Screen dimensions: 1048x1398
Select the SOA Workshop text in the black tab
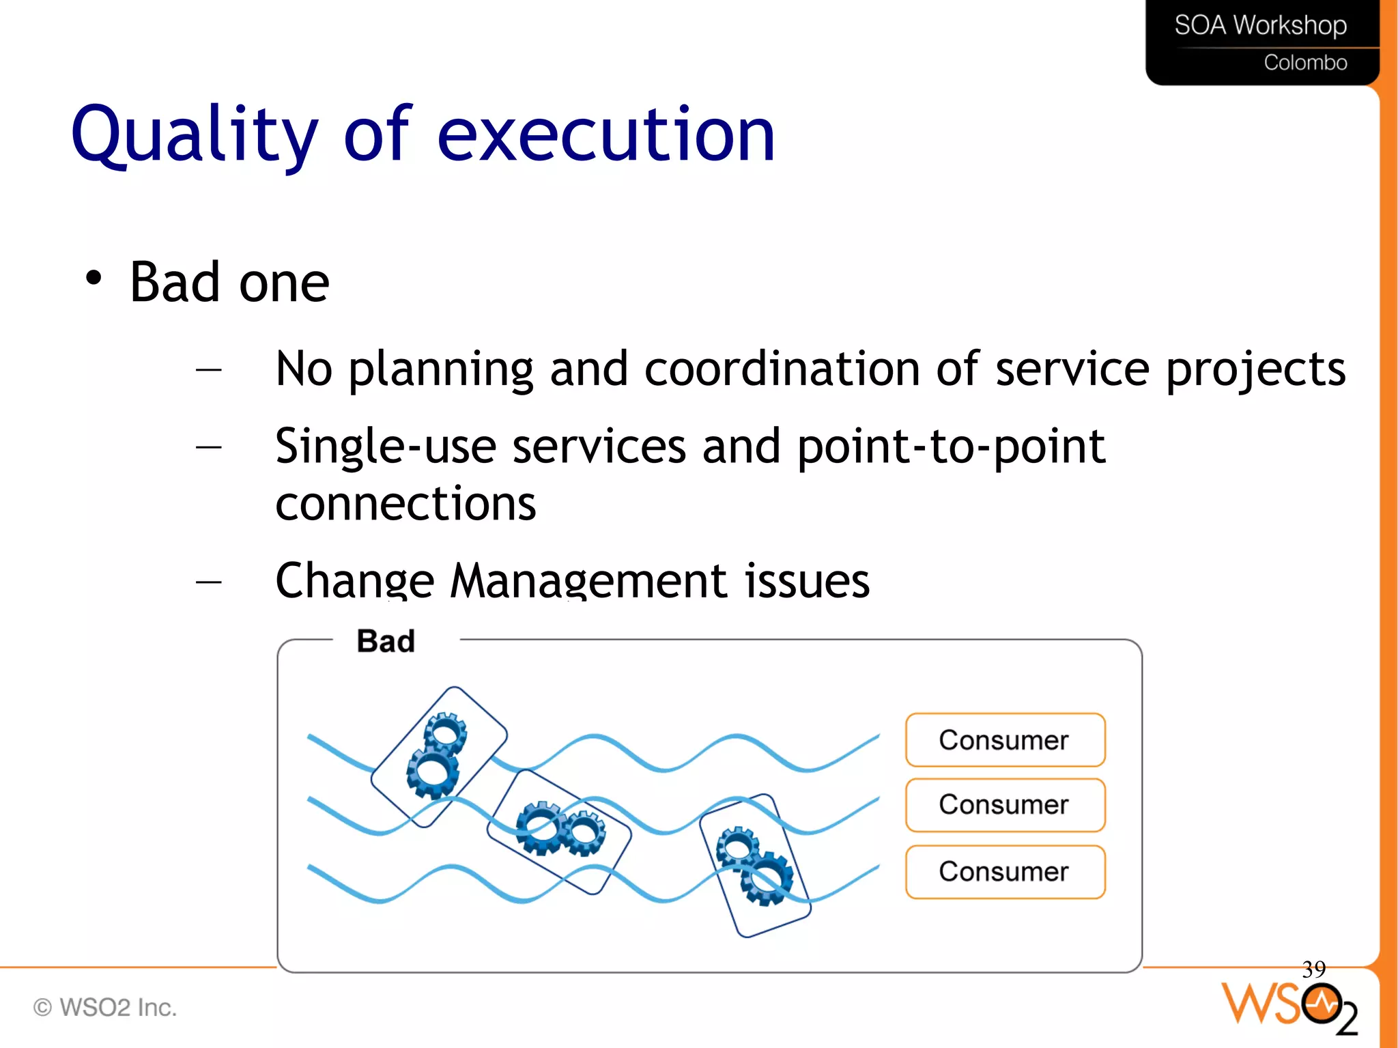(x=1260, y=26)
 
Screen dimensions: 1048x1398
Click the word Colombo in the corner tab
(x=1305, y=63)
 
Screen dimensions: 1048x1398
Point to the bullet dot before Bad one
(x=94, y=278)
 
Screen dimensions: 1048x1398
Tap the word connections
(x=405, y=504)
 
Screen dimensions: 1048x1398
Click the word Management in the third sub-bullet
(x=588, y=581)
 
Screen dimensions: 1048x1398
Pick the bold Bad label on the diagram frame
(x=386, y=641)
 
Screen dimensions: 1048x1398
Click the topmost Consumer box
(x=1005, y=740)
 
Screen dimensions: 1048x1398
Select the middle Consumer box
(x=1005, y=805)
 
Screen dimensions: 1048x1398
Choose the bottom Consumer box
(x=1005, y=872)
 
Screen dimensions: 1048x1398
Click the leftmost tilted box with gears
(x=439, y=756)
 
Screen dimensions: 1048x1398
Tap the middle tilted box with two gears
(x=559, y=832)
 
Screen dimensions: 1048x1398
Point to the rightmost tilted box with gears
(x=755, y=866)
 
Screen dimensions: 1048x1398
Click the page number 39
(x=1313, y=969)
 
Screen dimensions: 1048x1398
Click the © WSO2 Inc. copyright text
(x=105, y=1007)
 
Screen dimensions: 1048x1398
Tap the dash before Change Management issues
(x=208, y=582)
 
